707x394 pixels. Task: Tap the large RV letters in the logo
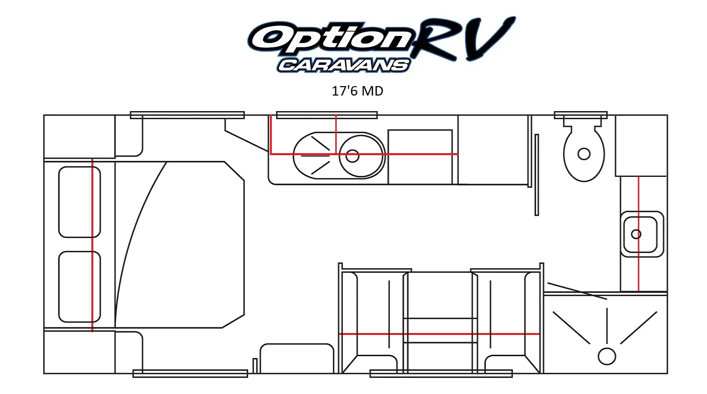point(464,39)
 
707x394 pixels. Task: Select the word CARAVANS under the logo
point(344,66)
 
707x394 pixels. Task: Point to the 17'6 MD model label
point(358,91)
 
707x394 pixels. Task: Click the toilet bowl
point(584,154)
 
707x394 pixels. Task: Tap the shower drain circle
point(607,357)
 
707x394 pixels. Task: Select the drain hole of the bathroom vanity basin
point(636,234)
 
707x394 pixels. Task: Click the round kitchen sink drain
point(352,156)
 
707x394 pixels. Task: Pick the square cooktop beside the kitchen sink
point(420,157)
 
